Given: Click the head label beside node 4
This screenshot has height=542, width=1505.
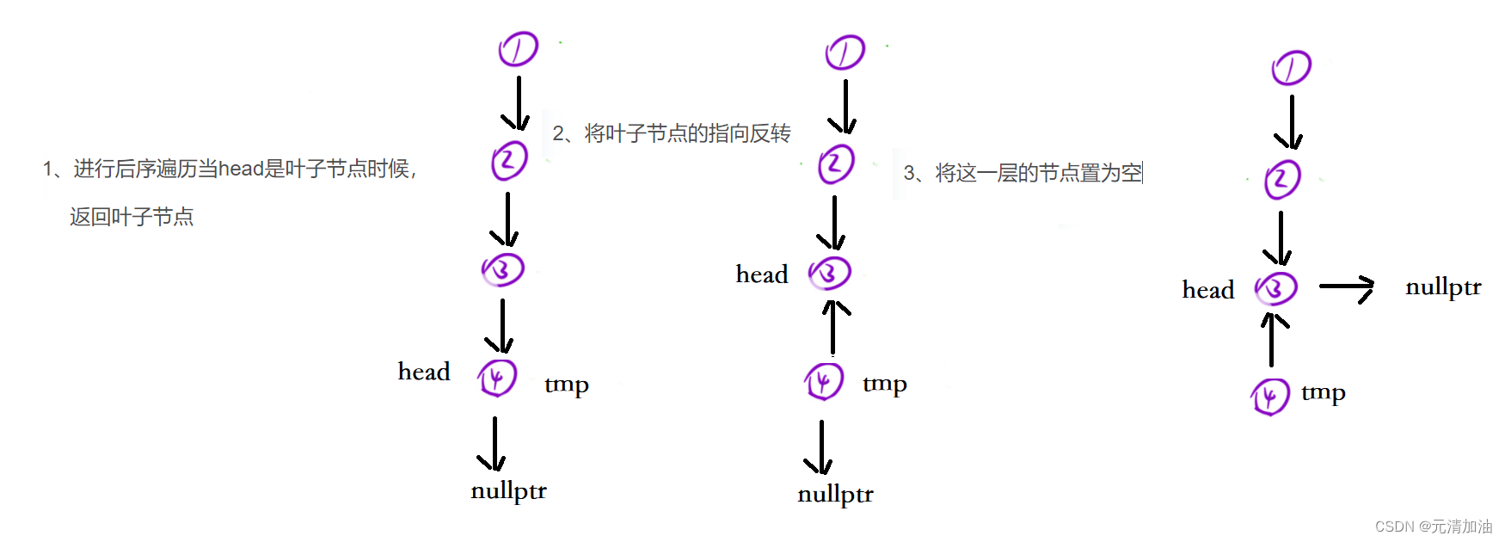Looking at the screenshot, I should (x=424, y=372).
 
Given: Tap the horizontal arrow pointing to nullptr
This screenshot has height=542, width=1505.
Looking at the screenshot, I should (x=1347, y=287).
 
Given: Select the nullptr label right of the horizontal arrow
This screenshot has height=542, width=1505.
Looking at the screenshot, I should (x=1443, y=287).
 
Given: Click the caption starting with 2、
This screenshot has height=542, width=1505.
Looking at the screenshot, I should (x=671, y=133).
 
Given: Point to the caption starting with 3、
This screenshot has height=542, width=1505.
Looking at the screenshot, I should (x=1023, y=173).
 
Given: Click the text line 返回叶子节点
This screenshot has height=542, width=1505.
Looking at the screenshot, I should (x=132, y=217).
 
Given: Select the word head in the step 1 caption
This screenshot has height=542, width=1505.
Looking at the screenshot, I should (x=240, y=169).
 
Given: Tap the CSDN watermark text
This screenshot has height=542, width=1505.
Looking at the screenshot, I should (x=1434, y=527).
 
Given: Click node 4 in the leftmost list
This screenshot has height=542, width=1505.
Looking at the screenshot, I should (x=497, y=378).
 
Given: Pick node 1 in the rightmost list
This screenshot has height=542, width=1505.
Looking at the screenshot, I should (x=1291, y=68).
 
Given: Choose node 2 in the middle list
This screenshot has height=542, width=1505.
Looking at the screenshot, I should (x=836, y=163).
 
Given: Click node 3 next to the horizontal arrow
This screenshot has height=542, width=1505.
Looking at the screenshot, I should (x=1276, y=289).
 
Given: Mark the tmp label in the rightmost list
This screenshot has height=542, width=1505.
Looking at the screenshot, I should (x=1323, y=393).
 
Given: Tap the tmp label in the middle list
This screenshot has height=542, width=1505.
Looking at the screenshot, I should (x=884, y=384).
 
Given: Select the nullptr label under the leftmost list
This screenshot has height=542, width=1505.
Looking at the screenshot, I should (x=508, y=491).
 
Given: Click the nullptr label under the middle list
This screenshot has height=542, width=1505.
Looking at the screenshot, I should (x=835, y=495).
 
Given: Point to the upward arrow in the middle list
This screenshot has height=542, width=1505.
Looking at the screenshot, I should (x=832, y=327).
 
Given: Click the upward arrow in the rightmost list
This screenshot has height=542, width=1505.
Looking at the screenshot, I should (x=1272, y=339).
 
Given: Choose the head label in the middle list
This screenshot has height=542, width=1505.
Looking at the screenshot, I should (x=762, y=274).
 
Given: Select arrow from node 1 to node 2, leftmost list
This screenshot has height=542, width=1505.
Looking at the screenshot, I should (x=518, y=103).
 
